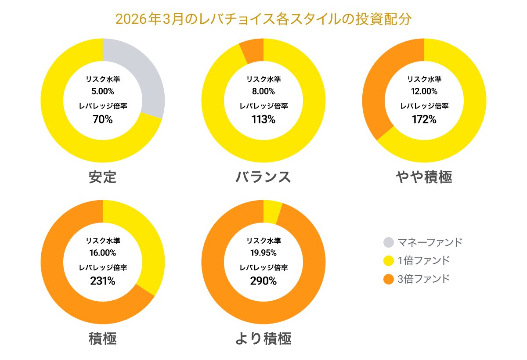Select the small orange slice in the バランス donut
pos(253,50)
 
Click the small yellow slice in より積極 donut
pos(272,212)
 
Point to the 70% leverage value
pos(103,119)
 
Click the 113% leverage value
pos(263,119)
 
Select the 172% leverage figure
pos(424,119)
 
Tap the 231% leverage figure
pos(103,281)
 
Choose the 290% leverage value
pos(263,281)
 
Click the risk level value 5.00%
pos(103,91)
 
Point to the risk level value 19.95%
pos(263,253)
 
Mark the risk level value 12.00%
pos(424,91)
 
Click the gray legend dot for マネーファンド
pos(389,242)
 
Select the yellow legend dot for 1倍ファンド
pos(389,261)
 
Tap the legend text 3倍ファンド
pos(424,279)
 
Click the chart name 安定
pos(103,177)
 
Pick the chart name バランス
pos(263,177)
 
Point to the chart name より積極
pos(263,338)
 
